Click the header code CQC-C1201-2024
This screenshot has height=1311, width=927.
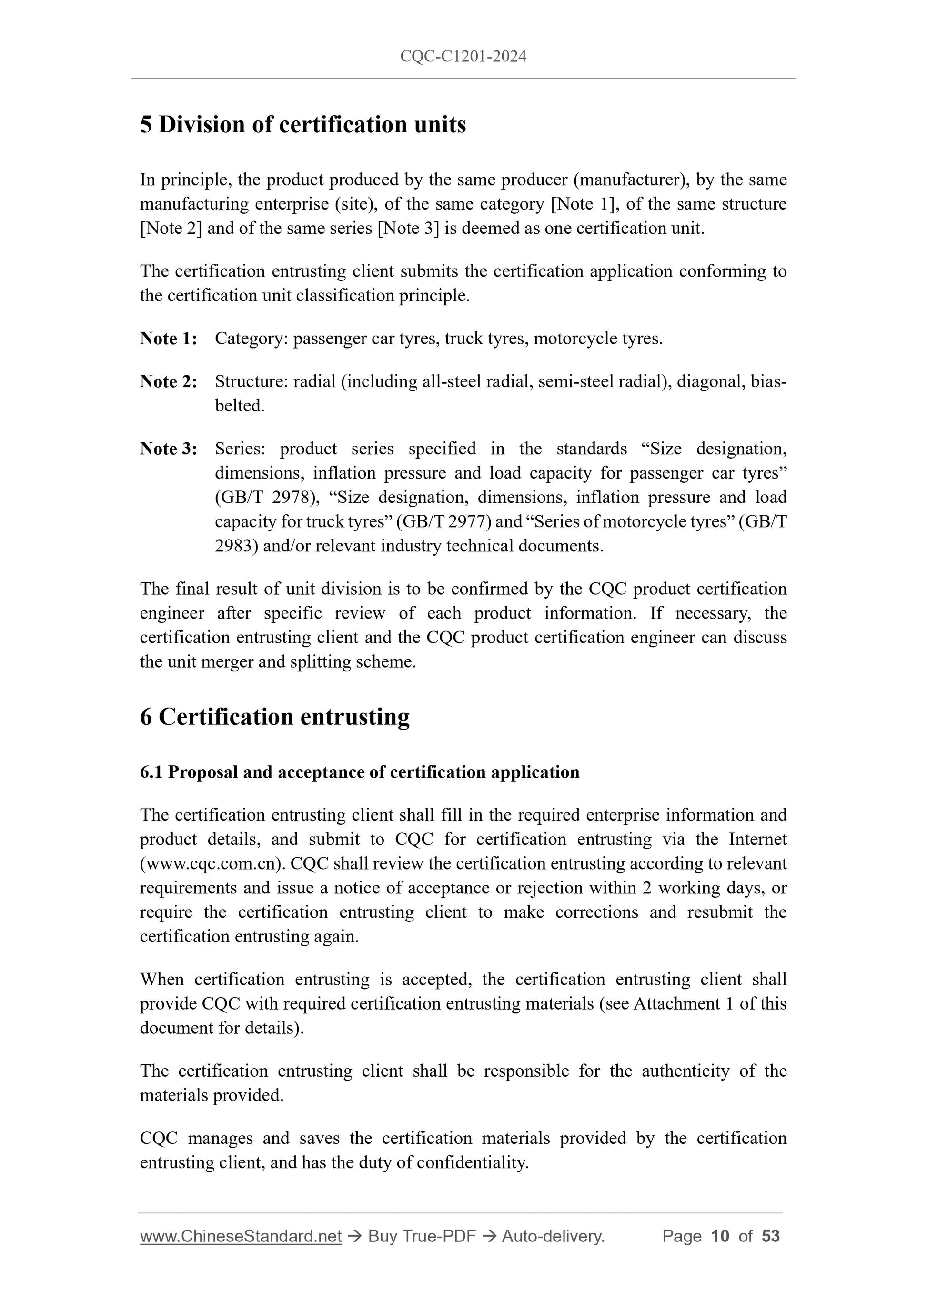(463, 56)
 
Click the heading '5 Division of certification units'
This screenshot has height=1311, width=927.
(302, 124)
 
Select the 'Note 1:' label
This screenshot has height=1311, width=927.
(169, 339)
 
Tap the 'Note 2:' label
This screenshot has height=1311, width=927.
(169, 381)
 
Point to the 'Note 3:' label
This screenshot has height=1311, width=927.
(169, 449)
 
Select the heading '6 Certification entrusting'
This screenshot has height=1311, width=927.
(275, 717)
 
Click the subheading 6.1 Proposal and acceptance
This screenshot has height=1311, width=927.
(359, 772)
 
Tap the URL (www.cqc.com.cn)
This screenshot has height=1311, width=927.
(212, 863)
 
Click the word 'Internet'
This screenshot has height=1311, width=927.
(757, 840)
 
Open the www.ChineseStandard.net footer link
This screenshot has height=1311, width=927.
(241, 1236)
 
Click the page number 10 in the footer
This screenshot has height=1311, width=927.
(720, 1236)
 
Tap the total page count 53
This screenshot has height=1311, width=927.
(770, 1236)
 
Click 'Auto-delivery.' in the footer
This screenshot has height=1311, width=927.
(553, 1236)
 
